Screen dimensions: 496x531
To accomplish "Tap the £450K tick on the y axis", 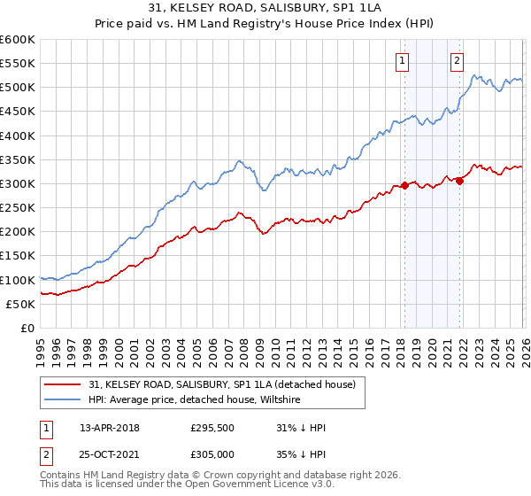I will coord(18,112).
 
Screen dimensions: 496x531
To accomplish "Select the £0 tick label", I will coord(27,328).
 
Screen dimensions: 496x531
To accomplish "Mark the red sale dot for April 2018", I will coord(404,185).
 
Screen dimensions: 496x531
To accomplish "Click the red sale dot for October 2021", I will coord(460,181).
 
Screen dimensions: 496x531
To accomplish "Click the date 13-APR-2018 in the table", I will coord(110,427).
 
